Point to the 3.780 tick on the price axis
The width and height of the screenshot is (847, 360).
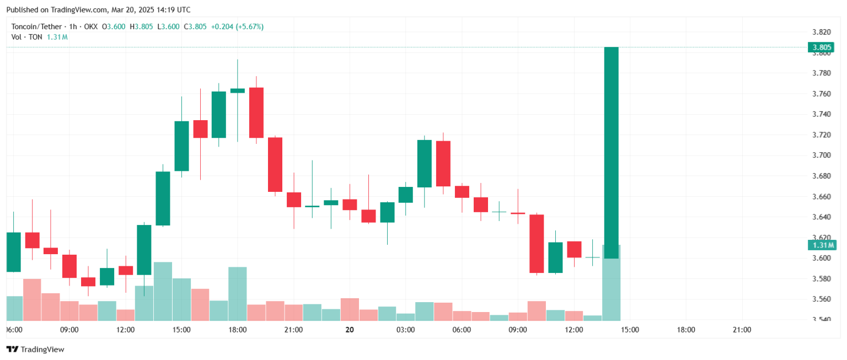click(821, 73)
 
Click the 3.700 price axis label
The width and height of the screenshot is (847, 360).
click(821, 155)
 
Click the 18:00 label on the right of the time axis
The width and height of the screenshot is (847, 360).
click(686, 330)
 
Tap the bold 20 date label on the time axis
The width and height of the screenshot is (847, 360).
click(349, 330)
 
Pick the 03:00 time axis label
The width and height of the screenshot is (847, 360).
click(405, 330)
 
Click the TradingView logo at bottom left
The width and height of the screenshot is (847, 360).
click(35, 349)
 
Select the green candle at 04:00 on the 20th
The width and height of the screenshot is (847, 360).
click(424, 164)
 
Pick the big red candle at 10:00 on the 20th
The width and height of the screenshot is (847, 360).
click(537, 243)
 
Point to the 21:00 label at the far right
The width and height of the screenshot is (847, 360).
click(742, 330)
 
